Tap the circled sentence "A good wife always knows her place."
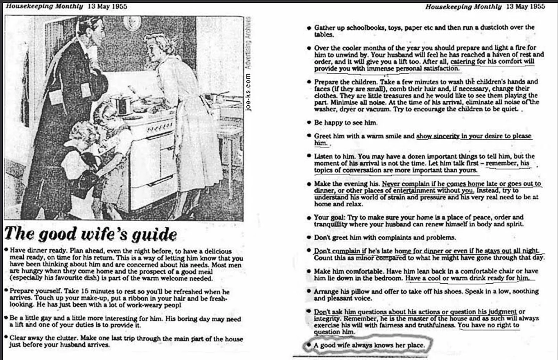[369, 345]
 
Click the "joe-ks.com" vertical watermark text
[248, 93]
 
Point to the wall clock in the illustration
[132, 23]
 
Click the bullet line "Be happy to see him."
[346, 123]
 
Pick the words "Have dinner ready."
[38, 251]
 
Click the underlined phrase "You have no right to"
[489, 325]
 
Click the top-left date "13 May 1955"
[108, 6]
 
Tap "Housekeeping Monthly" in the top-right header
[463, 6]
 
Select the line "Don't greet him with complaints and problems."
[385, 237]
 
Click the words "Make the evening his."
[347, 184]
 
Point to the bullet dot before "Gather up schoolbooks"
[309, 28]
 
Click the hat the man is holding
[98, 85]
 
